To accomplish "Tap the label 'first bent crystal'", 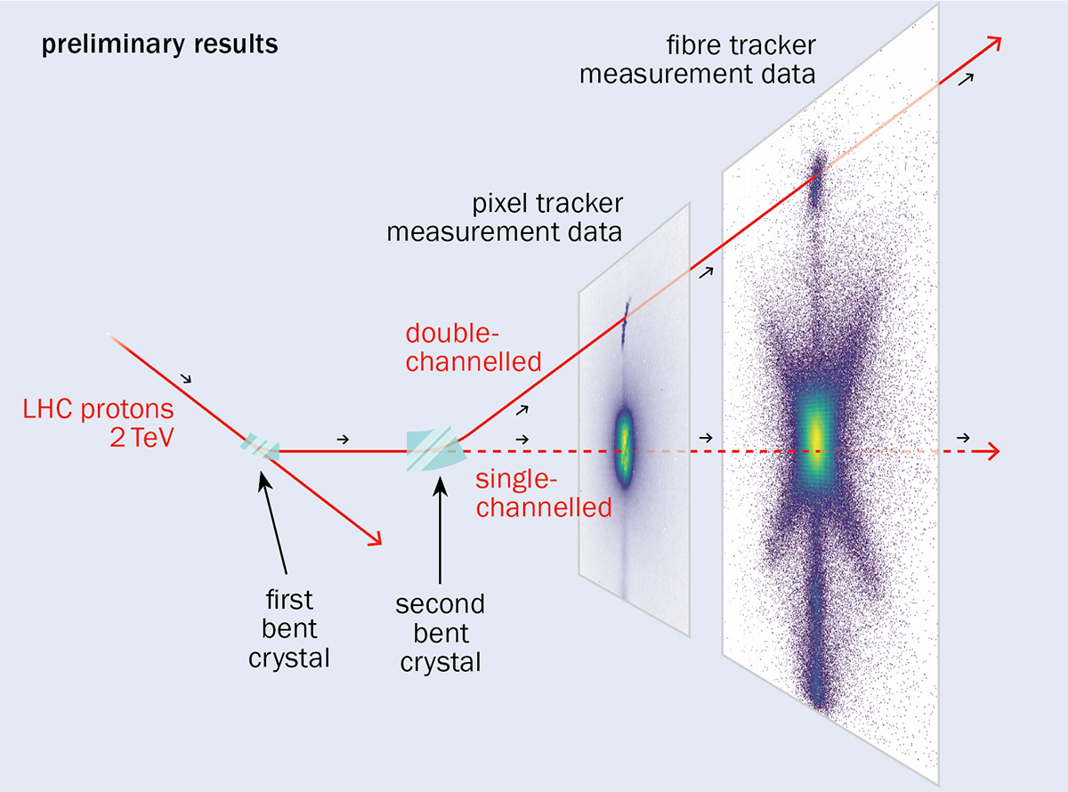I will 289,628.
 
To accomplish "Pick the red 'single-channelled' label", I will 542,494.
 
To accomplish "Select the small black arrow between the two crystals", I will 344,439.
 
